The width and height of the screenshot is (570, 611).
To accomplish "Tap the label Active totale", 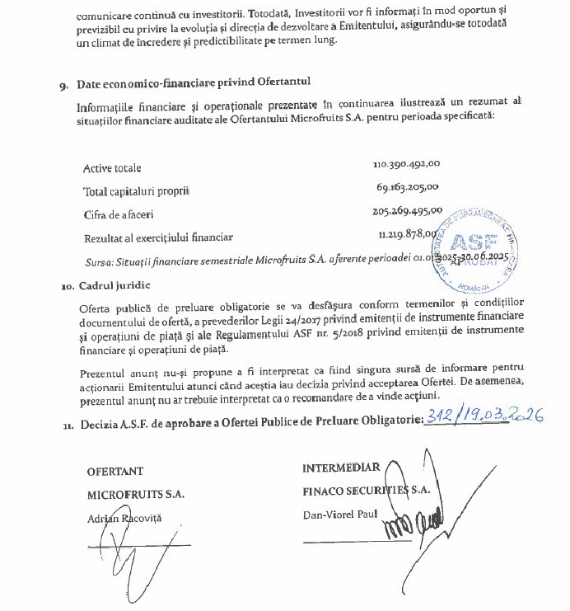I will (x=112, y=168).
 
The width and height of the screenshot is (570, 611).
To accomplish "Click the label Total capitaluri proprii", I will (x=137, y=191).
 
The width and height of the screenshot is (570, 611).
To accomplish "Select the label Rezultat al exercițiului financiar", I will (x=158, y=237).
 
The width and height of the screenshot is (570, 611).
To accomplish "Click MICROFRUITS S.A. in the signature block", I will (x=136, y=494).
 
